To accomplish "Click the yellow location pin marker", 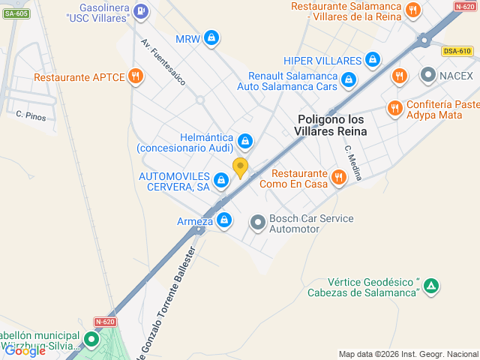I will (x=240, y=167).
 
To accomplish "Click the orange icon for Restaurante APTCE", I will (x=135, y=76).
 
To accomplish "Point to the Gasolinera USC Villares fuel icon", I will (x=142, y=10).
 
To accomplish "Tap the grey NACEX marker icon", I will (x=428, y=75).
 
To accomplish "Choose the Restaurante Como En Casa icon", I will (x=339, y=177).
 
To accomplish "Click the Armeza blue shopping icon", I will (x=224, y=220).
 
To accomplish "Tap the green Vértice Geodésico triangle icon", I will (x=431, y=286).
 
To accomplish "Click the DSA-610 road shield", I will (x=457, y=51).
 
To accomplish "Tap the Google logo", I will (x=25, y=350).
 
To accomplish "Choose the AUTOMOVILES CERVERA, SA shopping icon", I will (x=221, y=180).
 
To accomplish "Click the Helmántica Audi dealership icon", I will (x=244, y=141).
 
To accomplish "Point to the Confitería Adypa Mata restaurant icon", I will (x=394, y=109).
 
